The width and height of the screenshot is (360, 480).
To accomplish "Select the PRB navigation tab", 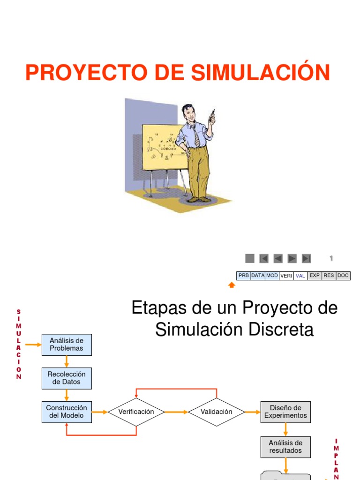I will tap(243, 276).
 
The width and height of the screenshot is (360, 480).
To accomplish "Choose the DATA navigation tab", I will tap(258, 276).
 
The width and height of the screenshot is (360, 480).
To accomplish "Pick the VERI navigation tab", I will tap(286, 276).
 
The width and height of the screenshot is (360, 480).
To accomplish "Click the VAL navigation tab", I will tap(300, 276).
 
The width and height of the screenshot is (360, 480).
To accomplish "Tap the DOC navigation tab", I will tap(343, 276).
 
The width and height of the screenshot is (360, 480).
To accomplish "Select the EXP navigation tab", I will tap(315, 276).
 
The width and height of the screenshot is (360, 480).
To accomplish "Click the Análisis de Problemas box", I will tap(67, 345).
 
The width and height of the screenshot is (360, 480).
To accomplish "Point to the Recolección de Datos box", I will tap(67, 378).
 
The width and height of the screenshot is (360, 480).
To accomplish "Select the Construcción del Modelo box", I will tap(67, 412).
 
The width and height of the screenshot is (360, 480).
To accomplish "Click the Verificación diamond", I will tap(136, 412).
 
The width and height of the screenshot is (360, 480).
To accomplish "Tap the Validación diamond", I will tap(217, 412).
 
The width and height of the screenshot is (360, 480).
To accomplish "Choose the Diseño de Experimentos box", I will tap(285, 412).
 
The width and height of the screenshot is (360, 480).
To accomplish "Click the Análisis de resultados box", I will tap(285, 447).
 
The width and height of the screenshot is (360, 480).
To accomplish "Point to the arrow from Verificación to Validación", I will tap(177, 412).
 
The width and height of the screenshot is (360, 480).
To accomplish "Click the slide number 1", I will tap(331, 258).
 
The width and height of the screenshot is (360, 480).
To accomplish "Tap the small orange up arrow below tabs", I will tap(232, 285).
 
